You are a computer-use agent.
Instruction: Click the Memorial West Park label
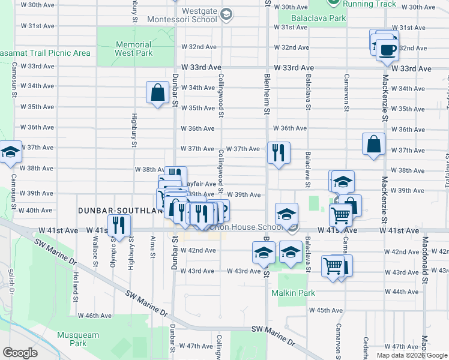[x=133, y=49]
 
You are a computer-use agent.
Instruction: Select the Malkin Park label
[x=293, y=293]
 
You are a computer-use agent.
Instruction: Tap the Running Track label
[x=370, y=4]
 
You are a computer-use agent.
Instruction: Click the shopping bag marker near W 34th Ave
[x=157, y=93]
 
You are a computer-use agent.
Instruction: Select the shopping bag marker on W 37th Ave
[x=373, y=144]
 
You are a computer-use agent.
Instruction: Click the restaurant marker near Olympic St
[x=121, y=225]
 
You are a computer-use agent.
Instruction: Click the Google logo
[x=20, y=353]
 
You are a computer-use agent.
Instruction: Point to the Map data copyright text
[x=412, y=355]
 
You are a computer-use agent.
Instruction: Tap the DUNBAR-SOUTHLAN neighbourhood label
[x=121, y=211]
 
